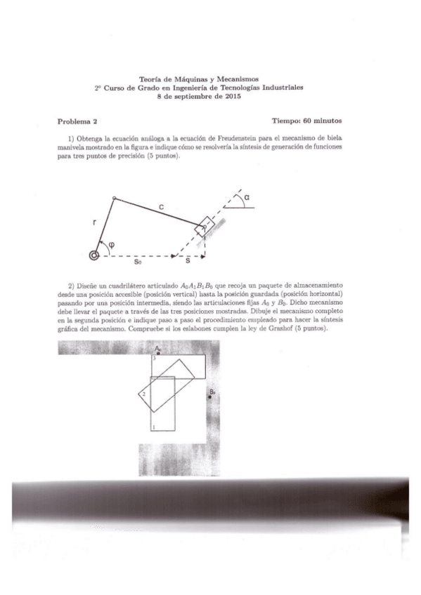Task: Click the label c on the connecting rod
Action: (x=162, y=207)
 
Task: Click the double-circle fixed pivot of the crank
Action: (x=93, y=255)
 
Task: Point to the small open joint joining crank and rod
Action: (x=114, y=199)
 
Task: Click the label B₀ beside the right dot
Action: (x=212, y=392)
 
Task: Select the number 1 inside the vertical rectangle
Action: (x=154, y=425)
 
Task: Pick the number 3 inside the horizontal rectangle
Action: (x=154, y=359)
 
